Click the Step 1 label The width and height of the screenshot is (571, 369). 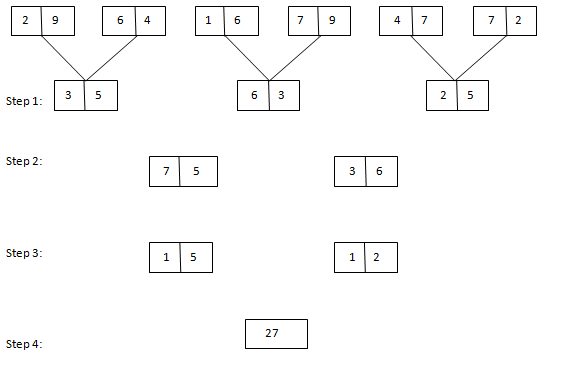[x=24, y=102]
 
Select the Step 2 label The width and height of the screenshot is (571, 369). [x=24, y=161]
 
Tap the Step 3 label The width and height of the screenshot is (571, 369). [x=24, y=253]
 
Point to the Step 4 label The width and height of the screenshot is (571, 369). [x=24, y=344]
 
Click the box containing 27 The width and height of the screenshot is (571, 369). [x=276, y=334]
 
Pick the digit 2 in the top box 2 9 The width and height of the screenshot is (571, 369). [x=25, y=21]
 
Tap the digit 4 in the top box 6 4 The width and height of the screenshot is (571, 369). [x=147, y=21]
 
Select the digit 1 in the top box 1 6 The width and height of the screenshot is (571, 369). [x=208, y=21]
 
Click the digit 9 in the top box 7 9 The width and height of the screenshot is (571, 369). [x=331, y=21]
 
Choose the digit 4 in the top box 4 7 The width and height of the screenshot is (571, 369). [x=396, y=21]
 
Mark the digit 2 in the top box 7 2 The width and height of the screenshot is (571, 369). [x=517, y=21]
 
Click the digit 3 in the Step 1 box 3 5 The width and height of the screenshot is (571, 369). [x=68, y=96]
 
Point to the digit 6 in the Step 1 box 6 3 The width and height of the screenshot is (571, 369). [x=254, y=96]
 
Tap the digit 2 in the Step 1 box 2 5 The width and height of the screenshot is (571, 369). [x=442, y=96]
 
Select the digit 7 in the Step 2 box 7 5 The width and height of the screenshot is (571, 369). [x=165, y=171]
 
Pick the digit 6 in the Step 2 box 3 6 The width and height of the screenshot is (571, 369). [x=379, y=171]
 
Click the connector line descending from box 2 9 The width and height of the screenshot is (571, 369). [x=62, y=56]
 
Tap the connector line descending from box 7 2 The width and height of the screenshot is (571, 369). [x=480, y=56]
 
